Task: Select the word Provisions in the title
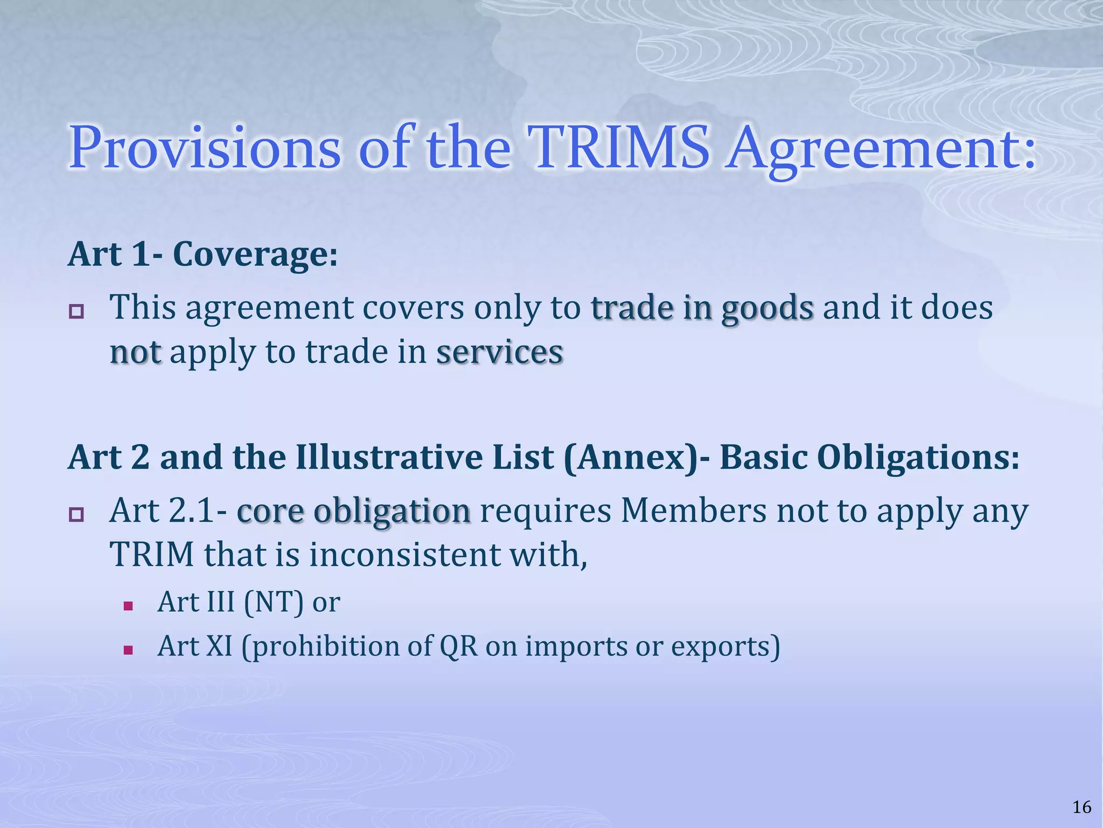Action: point(205,147)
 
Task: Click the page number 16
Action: point(1081,807)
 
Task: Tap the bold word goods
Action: point(767,308)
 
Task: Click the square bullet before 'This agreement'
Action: point(76,312)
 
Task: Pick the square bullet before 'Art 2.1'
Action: point(76,515)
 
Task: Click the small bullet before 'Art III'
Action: point(128,606)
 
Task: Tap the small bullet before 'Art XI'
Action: point(128,650)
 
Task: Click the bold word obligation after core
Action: point(392,511)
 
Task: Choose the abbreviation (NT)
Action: point(274,602)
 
